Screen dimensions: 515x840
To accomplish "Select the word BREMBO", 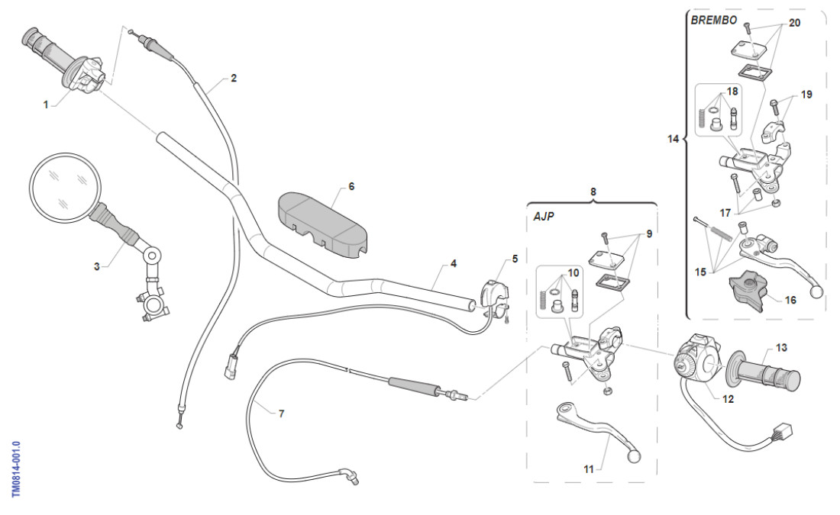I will [713, 21].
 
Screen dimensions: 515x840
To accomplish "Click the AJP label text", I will [543, 217].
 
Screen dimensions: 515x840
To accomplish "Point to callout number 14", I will [673, 140].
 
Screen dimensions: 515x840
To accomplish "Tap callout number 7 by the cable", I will [281, 414].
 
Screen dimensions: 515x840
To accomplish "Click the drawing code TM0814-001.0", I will [17, 468].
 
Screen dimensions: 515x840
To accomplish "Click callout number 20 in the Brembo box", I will [794, 23].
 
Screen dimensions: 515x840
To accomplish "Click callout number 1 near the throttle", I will [45, 105].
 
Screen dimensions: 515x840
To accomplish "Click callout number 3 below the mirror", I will [97, 266].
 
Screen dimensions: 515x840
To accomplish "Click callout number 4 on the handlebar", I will [454, 263].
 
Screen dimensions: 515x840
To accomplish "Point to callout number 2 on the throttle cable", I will [233, 78].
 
